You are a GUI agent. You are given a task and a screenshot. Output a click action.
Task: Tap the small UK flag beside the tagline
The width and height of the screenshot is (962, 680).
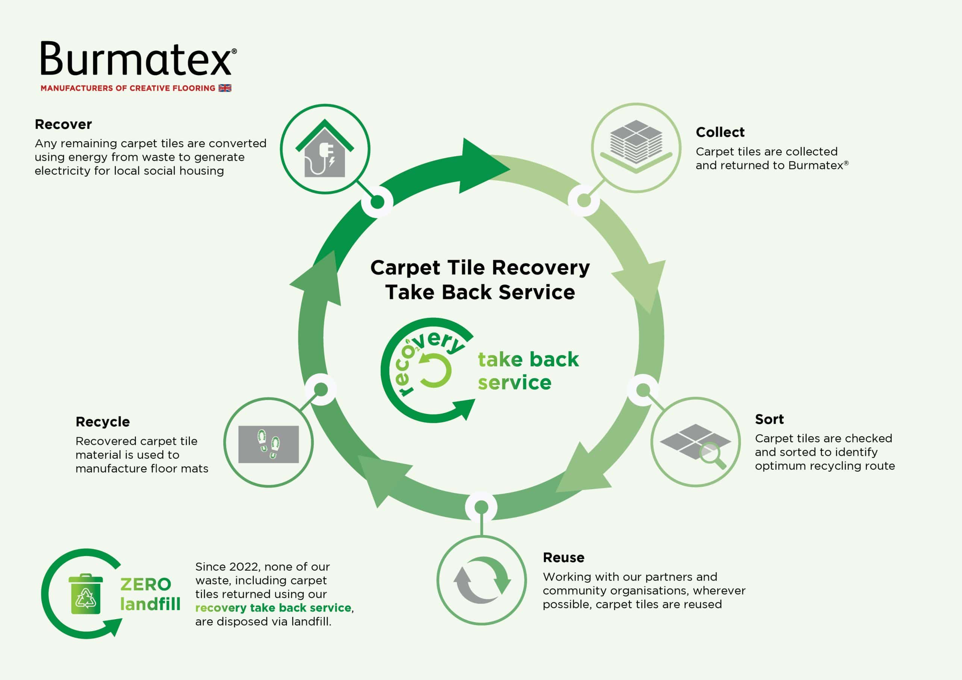225,88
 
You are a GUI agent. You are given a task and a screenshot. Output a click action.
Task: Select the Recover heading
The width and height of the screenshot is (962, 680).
63,124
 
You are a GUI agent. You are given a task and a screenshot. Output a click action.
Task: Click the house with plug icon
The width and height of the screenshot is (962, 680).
325,149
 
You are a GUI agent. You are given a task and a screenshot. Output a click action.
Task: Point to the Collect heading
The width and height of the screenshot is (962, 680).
720,132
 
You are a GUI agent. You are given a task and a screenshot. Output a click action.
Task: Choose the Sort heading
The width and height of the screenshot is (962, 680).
769,419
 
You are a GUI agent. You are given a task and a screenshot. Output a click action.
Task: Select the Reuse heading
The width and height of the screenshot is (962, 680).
564,558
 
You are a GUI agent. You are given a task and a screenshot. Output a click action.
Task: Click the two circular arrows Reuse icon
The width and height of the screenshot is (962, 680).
482,580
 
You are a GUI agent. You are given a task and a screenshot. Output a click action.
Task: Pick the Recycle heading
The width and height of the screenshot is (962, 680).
103,422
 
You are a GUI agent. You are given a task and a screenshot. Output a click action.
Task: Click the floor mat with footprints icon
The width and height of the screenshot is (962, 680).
269,444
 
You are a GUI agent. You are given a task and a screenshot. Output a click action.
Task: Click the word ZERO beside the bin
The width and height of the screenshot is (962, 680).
146,585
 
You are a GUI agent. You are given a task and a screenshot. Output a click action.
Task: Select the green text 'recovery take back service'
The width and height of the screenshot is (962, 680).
273,608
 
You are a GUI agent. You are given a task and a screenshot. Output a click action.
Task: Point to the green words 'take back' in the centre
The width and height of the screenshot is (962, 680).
528,360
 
